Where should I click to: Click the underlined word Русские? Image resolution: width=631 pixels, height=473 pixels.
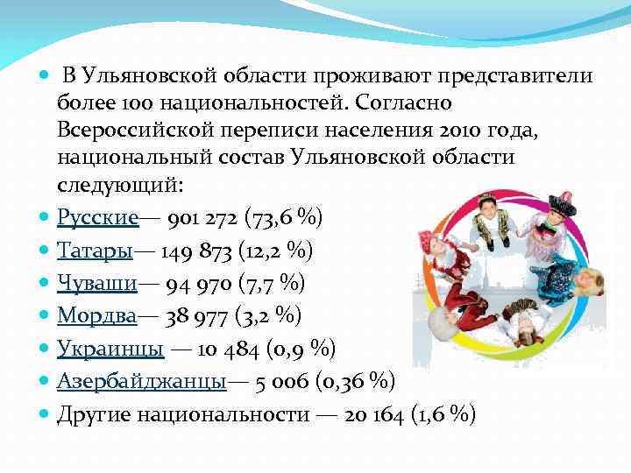(97, 217)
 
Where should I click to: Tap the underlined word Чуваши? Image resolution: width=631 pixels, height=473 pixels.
(95, 283)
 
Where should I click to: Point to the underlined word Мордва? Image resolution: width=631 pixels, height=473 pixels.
(96, 315)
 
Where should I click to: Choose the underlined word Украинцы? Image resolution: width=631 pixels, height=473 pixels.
(110, 349)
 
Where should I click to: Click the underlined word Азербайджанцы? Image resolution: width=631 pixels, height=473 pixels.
(141, 381)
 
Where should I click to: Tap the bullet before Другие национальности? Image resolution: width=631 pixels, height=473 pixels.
(45, 414)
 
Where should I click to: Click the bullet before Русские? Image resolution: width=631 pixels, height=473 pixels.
(45, 217)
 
